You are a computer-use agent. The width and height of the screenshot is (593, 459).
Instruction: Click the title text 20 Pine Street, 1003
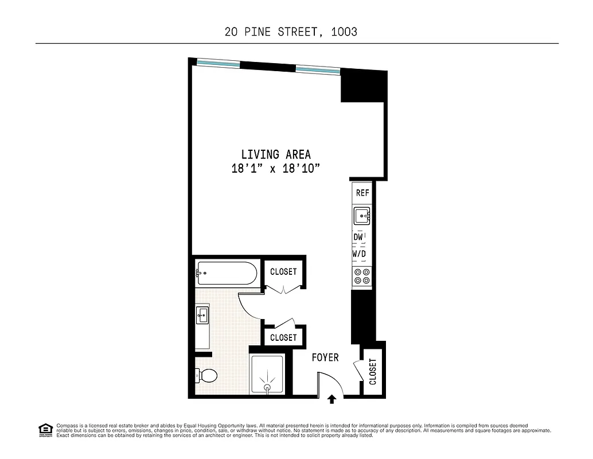pos(291,32)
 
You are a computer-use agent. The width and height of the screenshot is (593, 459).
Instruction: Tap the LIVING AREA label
pos(276,154)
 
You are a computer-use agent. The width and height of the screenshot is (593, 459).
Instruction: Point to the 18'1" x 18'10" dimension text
pos(275,169)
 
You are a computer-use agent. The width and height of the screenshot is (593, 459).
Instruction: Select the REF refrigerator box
pos(362,193)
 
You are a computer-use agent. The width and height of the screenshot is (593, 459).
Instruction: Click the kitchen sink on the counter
pos(362,216)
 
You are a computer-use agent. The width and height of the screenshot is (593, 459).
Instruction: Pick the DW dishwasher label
pos(358,236)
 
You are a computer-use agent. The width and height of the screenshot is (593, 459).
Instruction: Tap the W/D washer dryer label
pos(359,253)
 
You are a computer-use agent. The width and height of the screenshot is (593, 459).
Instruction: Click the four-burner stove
pos(362,276)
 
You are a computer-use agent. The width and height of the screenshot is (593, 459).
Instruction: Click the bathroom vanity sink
pos(202,314)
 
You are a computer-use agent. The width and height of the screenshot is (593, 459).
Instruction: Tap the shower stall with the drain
pos(267,376)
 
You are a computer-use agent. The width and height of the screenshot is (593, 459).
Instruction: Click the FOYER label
pos(325,357)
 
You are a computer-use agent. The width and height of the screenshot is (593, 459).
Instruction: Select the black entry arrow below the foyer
pos(331,399)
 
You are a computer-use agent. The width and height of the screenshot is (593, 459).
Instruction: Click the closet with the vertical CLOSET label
pos(373,371)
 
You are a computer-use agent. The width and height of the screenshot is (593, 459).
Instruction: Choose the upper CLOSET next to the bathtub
pos(283,272)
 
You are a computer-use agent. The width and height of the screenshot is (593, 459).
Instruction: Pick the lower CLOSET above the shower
pos(283,337)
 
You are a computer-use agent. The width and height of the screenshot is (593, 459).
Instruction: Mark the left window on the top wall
pos(218,64)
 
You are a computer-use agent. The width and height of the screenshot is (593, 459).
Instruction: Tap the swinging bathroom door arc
pos(251,304)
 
